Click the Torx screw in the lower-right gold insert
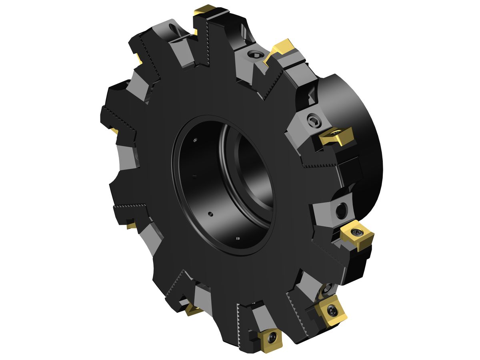[332, 309]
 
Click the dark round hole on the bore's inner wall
[210, 214]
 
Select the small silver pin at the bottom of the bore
[238, 239]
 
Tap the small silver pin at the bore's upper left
[195, 140]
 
